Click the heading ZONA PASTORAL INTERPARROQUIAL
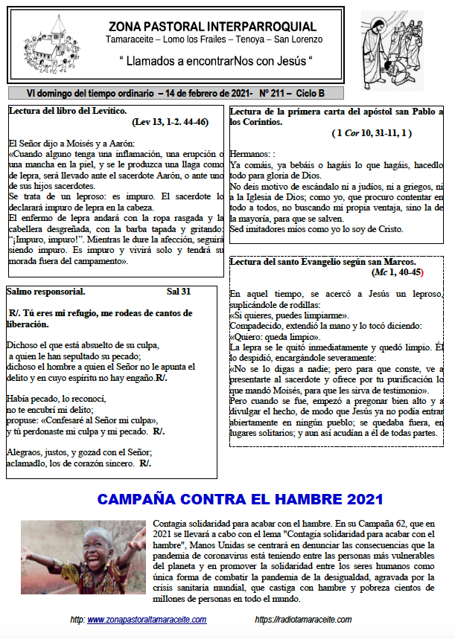211,27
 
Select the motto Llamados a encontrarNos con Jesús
215,59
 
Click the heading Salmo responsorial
46,292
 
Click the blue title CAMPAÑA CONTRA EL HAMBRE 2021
240,499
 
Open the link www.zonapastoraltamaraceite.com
147,620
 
